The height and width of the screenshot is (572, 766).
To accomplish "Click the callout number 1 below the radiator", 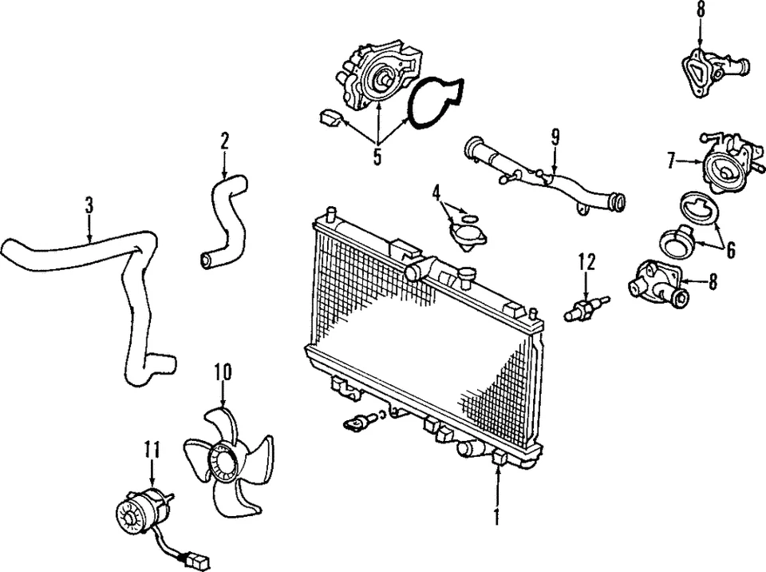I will (496, 517).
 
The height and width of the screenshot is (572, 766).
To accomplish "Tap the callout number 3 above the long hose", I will (89, 205).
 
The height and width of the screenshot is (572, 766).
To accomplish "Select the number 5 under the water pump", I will (377, 156).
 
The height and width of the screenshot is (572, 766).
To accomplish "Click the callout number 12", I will (586, 261).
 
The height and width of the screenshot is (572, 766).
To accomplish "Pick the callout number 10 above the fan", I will (223, 371).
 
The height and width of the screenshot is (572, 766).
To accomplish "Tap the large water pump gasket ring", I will (436, 101).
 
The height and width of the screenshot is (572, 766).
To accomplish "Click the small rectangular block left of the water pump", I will (329, 120).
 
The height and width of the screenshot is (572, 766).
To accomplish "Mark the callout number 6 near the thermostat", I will (730, 248).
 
